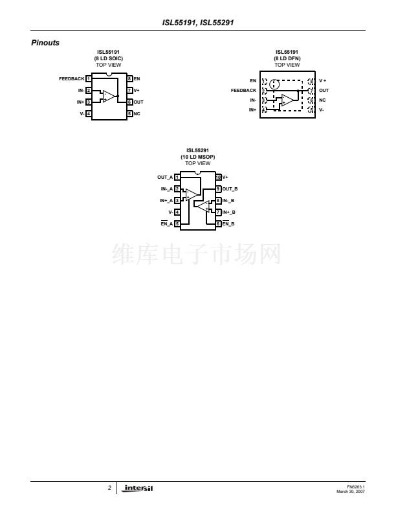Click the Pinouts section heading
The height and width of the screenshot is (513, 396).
click(x=45, y=43)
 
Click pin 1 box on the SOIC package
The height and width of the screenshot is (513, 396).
click(x=88, y=79)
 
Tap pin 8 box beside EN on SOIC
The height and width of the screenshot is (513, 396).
click(x=129, y=79)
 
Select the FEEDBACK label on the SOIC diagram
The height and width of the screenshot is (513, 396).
click(x=71, y=79)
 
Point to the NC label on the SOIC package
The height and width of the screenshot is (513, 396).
click(x=137, y=114)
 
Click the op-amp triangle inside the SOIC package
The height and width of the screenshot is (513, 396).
click(x=109, y=96)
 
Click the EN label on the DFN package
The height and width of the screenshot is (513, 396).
click(x=253, y=80)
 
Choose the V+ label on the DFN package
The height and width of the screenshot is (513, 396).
click(x=323, y=80)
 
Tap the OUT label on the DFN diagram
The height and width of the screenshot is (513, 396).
click(x=324, y=91)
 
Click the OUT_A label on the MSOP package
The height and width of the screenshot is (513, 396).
click(x=165, y=177)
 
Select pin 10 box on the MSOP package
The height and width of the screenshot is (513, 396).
click(x=218, y=177)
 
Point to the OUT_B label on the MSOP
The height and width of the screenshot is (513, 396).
click(x=230, y=188)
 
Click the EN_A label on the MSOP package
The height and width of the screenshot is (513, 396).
click(x=165, y=223)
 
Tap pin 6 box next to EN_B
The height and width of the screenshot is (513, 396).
click(x=218, y=223)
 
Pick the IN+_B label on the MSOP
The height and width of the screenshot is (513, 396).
click(x=230, y=212)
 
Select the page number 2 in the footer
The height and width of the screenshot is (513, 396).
click(x=110, y=488)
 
